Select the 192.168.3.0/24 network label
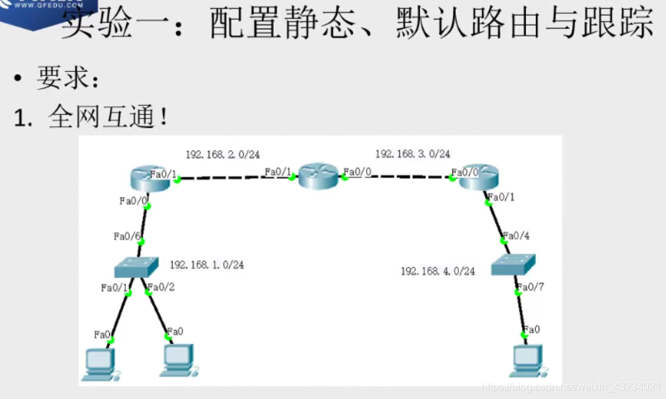coord(413,154)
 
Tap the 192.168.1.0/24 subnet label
coord(207,265)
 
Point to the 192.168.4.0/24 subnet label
coord(438,271)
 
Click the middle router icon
coord(318,177)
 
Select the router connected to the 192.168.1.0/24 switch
coord(151,177)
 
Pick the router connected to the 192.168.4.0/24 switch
coord(478,177)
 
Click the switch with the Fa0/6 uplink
coord(136,267)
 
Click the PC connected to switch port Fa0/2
coord(177,359)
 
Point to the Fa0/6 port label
coord(126,236)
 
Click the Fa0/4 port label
coord(516,236)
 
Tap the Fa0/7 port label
coord(530,287)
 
